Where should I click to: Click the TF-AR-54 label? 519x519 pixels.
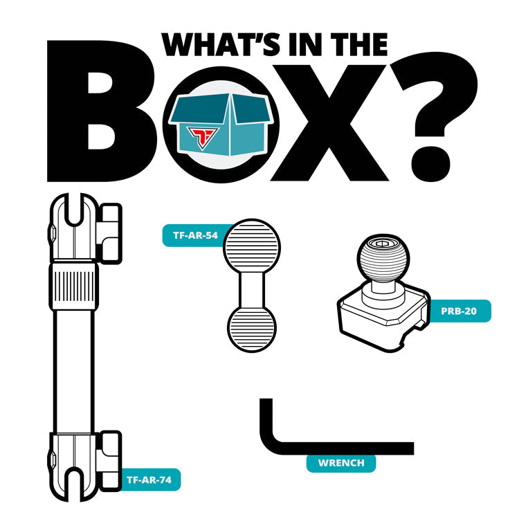tap(195, 235)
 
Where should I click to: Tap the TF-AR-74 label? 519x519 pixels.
tap(149, 480)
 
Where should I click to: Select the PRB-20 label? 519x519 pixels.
tap(459, 311)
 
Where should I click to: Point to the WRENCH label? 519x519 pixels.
tap(341, 463)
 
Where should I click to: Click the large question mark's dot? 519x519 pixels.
tap(430, 164)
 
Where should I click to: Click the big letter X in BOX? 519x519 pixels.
tap(329, 122)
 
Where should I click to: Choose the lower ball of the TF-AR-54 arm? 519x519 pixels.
tap(252, 329)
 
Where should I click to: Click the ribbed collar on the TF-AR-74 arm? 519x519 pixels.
tap(74, 286)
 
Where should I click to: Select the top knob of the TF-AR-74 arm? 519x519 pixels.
tap(110, 234)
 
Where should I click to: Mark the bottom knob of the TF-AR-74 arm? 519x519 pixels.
tap(110, 461)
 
